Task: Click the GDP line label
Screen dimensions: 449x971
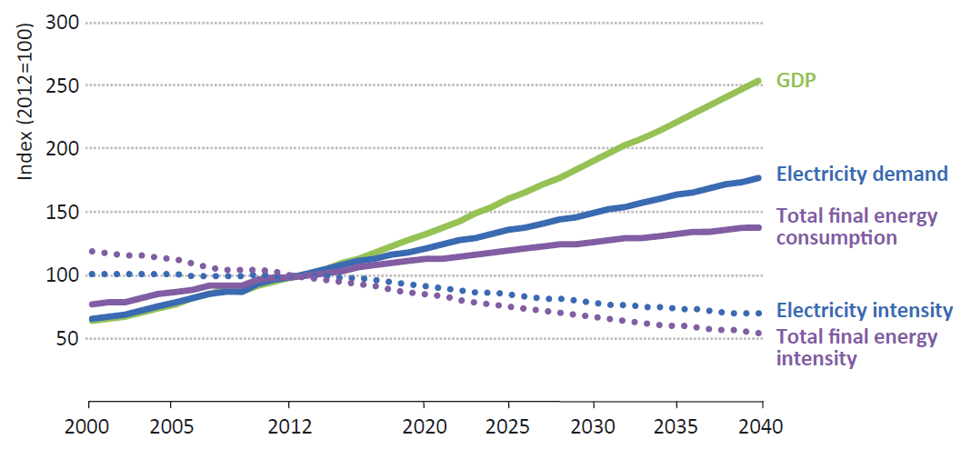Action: click(x=796, y=80)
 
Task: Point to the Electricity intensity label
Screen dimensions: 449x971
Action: click(x=865, y=310)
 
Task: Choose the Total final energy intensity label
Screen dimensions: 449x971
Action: click(x=856, y=348)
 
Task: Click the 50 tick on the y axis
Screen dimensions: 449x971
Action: click(x=65, y=338)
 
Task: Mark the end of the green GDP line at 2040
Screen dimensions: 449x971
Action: click(x=759, y=81)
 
